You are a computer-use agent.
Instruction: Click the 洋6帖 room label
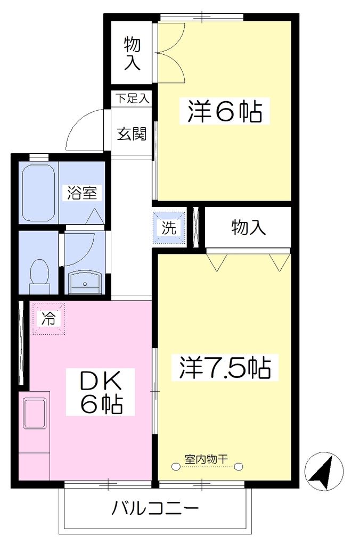coord(224,111)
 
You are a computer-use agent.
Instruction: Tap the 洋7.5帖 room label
coord(225,367)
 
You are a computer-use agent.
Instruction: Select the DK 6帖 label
coord(101,392)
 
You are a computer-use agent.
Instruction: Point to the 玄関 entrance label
coord(132,134)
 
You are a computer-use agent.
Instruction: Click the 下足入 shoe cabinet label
coord(132,98)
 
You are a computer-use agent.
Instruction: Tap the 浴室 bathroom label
coord(82,193)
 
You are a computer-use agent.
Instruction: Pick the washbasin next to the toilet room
coord(85,282)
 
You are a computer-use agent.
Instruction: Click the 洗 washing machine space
coord(169,228)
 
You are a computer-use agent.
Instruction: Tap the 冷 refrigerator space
coord(48,318)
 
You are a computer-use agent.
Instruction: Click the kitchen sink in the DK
coord(35,414)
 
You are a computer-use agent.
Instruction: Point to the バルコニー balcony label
coord(155,508)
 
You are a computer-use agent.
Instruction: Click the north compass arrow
coord(323,472)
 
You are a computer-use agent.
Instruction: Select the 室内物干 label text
coord(206,459)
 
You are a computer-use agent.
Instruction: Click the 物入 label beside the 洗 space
coord(248,228)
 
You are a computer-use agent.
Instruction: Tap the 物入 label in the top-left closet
coord(132,54)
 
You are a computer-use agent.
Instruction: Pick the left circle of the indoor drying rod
coord(176,467)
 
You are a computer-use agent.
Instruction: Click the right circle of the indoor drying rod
coord(239,467)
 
